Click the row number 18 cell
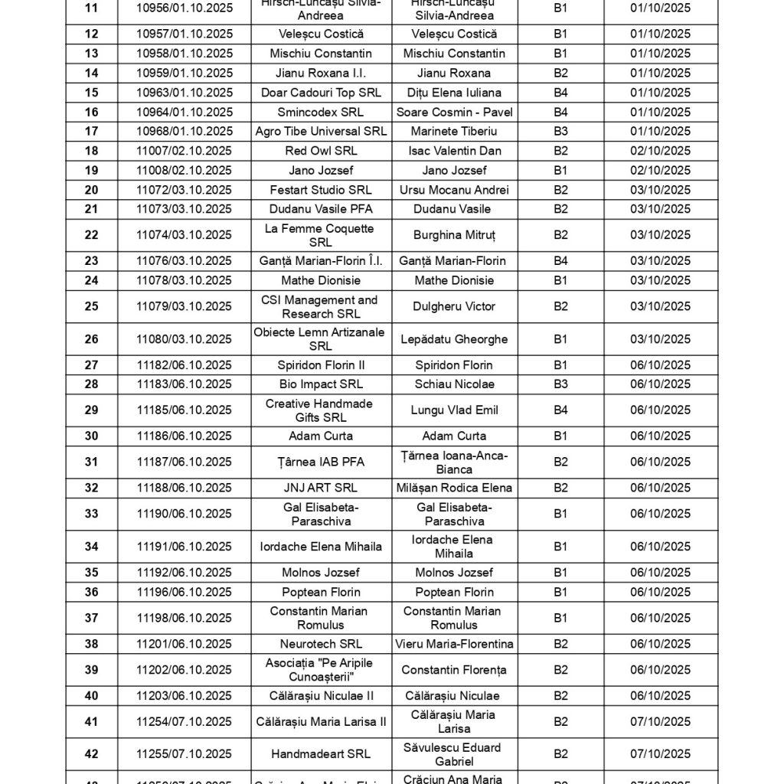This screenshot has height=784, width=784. pos(91,151)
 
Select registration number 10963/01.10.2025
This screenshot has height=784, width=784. pos(185,93)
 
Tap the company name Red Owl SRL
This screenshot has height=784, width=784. pos(321,151)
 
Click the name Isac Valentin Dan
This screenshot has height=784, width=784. pos(454,151)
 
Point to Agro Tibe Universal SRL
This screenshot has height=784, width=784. pos(321,132)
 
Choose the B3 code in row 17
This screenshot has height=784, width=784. pos(560,132)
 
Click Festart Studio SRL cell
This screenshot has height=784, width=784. pos(321,190)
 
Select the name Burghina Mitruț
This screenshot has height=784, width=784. pos(454,235)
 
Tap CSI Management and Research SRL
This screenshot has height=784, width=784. pos(321,306)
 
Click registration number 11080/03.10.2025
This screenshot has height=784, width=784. pos(185,339)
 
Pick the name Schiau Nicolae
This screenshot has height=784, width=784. pos(454,384)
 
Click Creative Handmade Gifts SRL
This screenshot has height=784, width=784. pos(321,410)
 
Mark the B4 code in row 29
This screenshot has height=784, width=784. pos(560,410)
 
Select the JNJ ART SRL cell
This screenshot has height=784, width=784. pos(321,488)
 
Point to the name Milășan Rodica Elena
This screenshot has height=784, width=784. pos(454,488)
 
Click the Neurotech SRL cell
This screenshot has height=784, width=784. pos(321,644)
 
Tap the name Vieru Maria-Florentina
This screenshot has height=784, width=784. pos(454,644)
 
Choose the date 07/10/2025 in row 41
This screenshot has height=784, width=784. pos(660,721)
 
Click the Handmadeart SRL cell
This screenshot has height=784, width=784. pos(321,754)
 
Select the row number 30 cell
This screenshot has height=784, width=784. pos(91,436)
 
